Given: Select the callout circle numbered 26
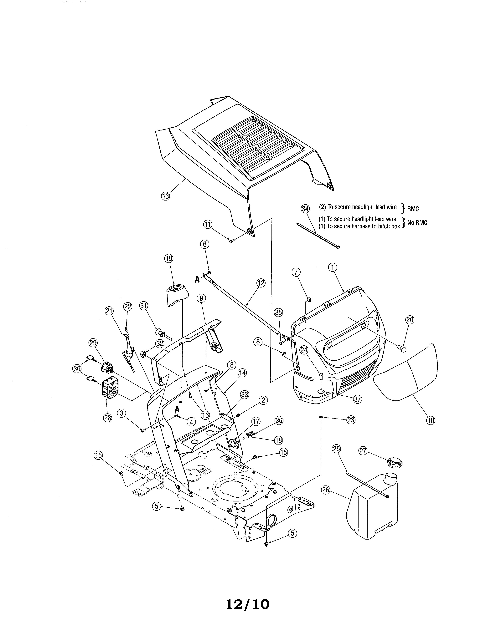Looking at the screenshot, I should (x=325, y=490).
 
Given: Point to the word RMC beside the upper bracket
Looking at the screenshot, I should (x=413, y=209).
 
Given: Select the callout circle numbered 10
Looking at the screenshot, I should (x=431, y=420).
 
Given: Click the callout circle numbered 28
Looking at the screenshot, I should (x=108, y=418).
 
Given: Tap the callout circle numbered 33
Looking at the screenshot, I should (x=245, y=394).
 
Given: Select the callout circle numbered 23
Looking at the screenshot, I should (x=351, y=420).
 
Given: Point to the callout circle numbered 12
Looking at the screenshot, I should (x=261, y=283).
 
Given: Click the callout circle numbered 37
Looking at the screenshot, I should (x=358, y=399).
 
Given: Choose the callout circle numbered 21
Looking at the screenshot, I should (x=109, y=311).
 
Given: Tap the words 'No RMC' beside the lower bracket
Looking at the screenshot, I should (x=417, y=223).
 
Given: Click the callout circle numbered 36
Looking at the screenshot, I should (x=279, y=421).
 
